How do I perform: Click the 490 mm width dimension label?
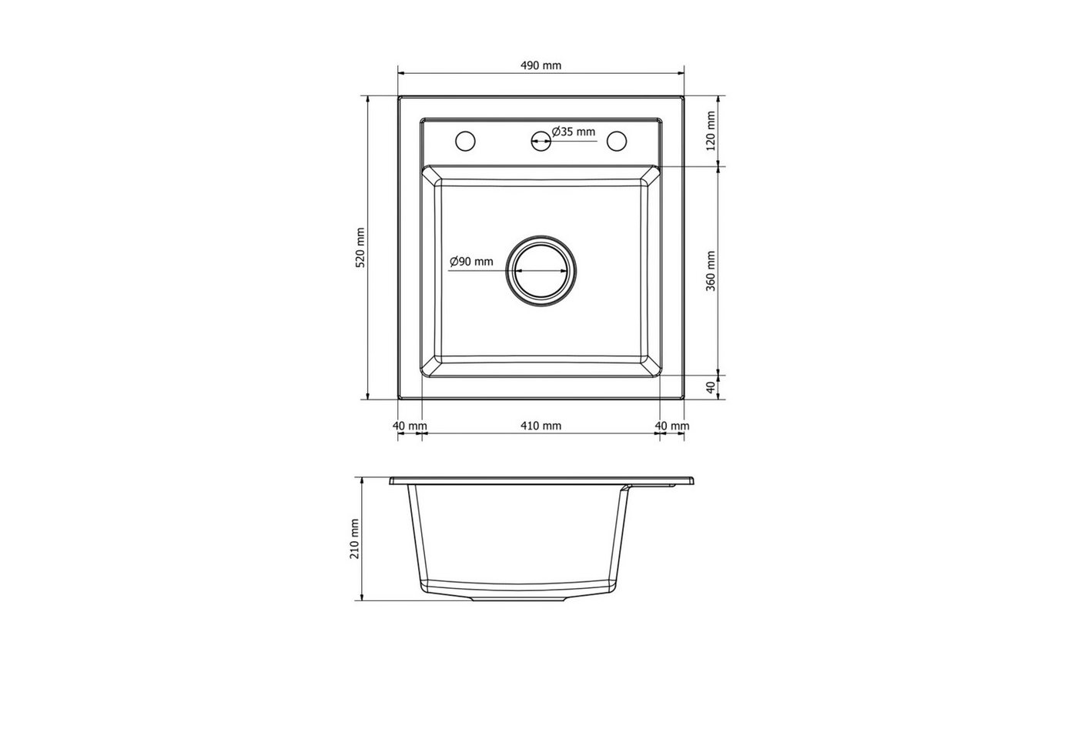[x=541, y=65]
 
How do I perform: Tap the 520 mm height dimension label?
[x=360, y=247]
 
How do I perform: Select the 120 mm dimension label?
[x=711, y=131]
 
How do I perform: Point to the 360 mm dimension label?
[x=711, y=271]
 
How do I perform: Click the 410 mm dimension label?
[x=541, y=426]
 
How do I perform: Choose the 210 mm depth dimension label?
[x=355, y=539]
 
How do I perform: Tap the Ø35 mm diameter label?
[x=574, y=132]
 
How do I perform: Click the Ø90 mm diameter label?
[x=471, y=261]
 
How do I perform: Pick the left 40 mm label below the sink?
[x=410, y=426]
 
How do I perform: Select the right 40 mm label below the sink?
[x=672, y=426]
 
